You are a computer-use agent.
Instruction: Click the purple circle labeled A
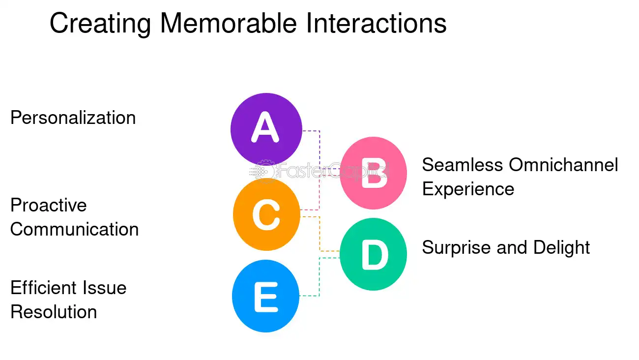pos(266,129)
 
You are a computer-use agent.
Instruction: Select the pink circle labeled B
pos(374,173)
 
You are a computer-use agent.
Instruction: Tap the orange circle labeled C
pos(266,214)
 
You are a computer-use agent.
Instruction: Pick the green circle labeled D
pos(374,254)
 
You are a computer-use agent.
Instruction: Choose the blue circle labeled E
pos(265,296)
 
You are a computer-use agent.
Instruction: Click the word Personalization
pos(73,118)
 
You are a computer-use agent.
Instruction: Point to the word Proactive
pos(48,205)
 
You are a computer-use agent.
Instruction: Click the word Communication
pos(74,229)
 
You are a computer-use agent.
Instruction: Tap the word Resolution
pos(54,312)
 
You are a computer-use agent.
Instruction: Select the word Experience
pos(468,189)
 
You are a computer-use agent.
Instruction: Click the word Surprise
pos(457,247)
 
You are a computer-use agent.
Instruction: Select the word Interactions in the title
pos(377,24)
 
